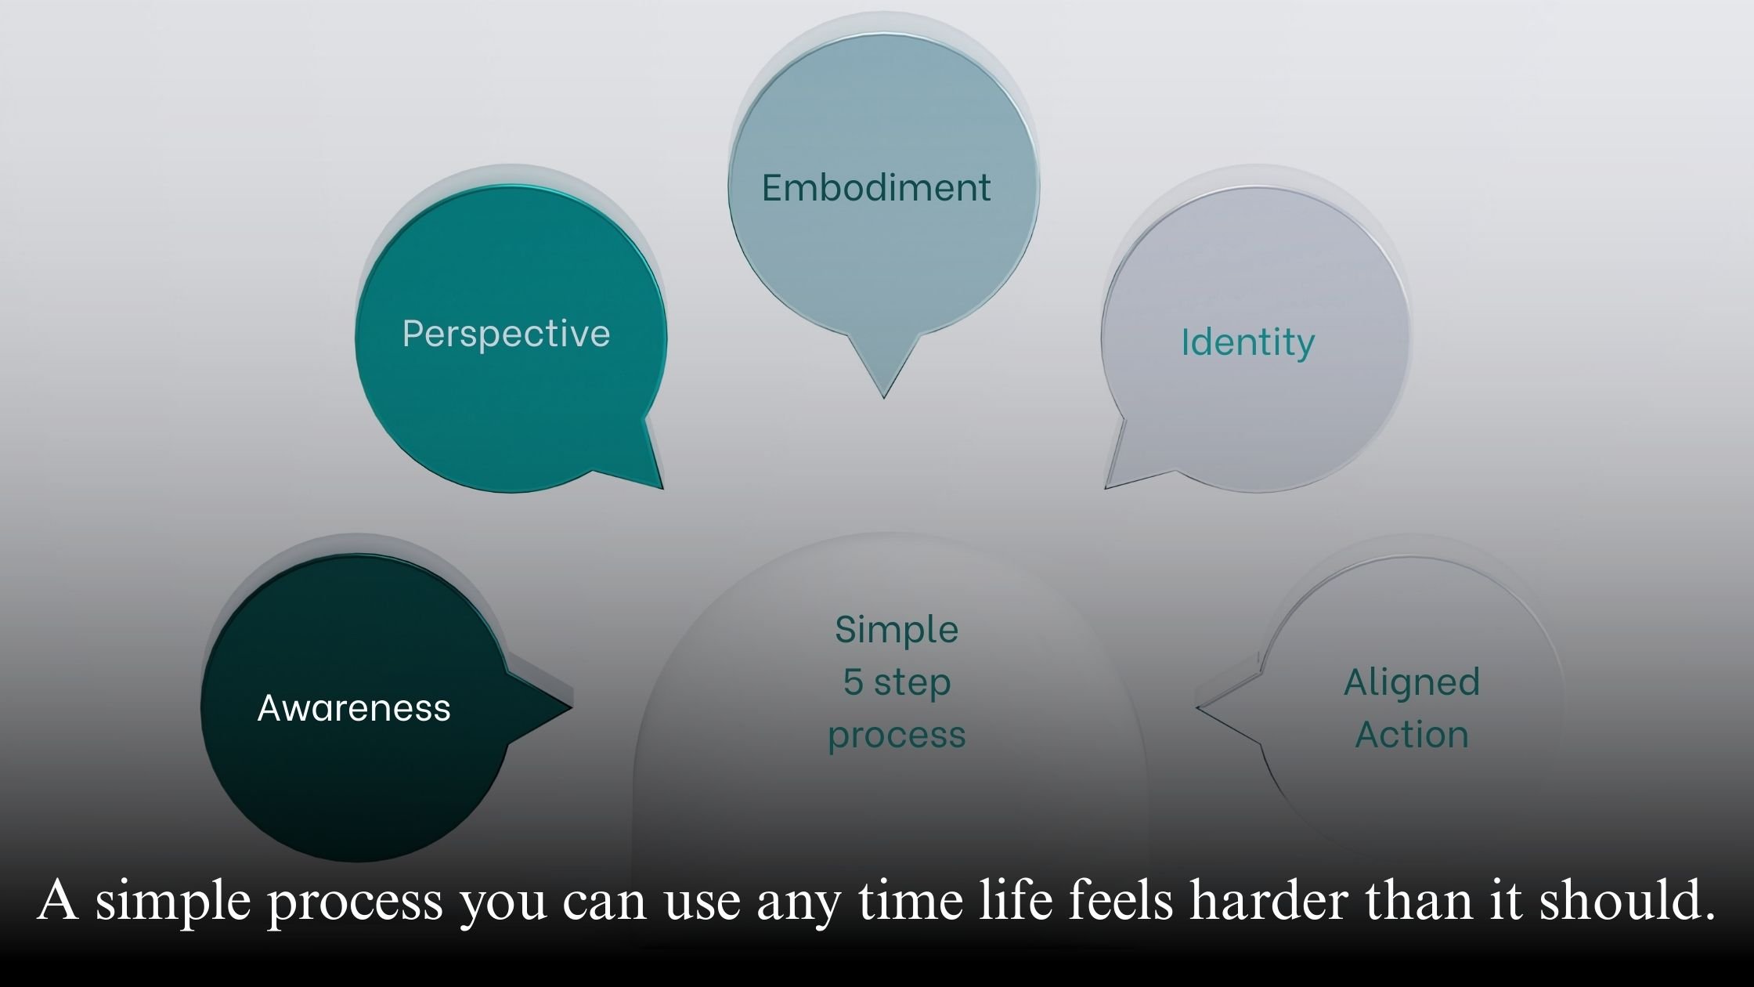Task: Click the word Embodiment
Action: coord(876,188)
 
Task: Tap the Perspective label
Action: coord(506,334)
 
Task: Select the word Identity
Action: coord(1247,343)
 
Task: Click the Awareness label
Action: coord(354,708)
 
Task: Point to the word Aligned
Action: coord(1412,682)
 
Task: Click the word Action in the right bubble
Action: coord(1412,735)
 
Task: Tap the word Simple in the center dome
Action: coord(897,630)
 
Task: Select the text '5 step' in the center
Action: coord(897,682)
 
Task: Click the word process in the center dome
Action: coord(897,735)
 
